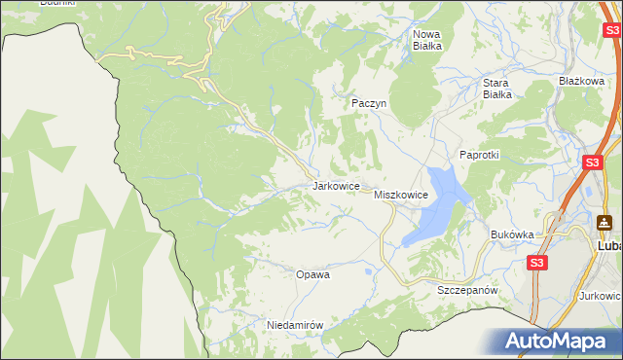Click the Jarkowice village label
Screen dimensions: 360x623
point(337,185)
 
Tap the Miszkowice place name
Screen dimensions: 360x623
point(401,195)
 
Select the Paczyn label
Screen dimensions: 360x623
point(369,102)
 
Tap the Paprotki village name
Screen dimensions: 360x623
point(479,156)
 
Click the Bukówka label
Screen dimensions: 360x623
point(513,234)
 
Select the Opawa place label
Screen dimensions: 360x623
point(312,274)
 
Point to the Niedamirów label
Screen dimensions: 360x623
point(294,325)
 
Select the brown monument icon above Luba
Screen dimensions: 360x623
point(605,223)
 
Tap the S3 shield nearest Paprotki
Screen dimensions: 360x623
point(592,162)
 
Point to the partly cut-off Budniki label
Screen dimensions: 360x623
point(56,3)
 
